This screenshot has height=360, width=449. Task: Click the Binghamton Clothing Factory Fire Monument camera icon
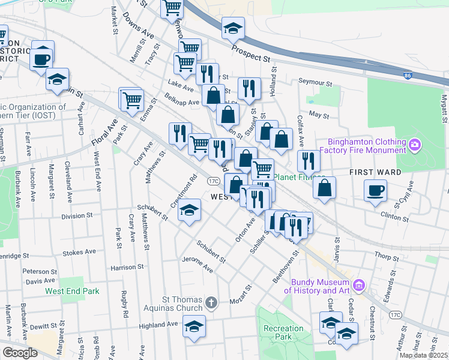click(414, 145)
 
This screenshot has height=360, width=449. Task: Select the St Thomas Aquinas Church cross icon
click(211, 303)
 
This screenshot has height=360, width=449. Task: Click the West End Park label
click(72, 291)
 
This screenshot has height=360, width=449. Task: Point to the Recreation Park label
click(283, 333)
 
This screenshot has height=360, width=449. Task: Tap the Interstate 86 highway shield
click(408, 76)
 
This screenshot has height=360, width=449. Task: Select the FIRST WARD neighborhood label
click(375, 172)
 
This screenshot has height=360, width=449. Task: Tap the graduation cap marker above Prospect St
click(233, 28)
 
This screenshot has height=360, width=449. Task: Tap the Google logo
click(20, 353)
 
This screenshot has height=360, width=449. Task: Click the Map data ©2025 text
click(424, 355)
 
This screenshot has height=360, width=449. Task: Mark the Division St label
click(76, 215)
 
